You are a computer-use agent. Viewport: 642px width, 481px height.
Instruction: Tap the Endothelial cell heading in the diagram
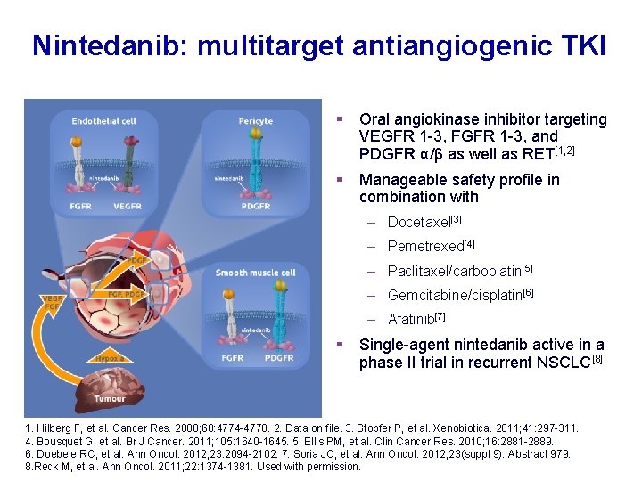tap(103, 121)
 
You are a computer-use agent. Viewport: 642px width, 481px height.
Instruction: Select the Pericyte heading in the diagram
tap(256, 121)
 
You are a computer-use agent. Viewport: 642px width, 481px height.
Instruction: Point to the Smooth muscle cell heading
tap(255, 273)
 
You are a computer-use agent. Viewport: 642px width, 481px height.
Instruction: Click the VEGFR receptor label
tap(128, 207)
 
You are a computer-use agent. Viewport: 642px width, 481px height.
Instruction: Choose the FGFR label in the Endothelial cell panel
tap(81, 207)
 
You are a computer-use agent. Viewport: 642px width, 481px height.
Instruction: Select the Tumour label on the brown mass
tap(111, 398)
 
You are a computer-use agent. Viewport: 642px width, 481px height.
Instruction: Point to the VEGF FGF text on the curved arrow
tap(53, 303)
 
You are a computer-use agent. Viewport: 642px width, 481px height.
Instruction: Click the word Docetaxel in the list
tap(419, 222)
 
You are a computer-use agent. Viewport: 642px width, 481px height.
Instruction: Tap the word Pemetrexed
tap(425, 246)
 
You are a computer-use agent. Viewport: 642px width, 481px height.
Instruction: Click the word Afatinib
tap(410, 319)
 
